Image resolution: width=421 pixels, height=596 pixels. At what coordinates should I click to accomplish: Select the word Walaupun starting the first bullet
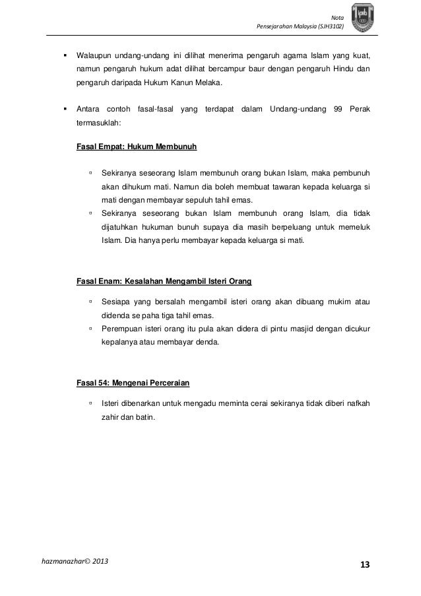click(96, 53)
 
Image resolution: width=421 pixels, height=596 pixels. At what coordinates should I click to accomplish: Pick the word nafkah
click(355, 403)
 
